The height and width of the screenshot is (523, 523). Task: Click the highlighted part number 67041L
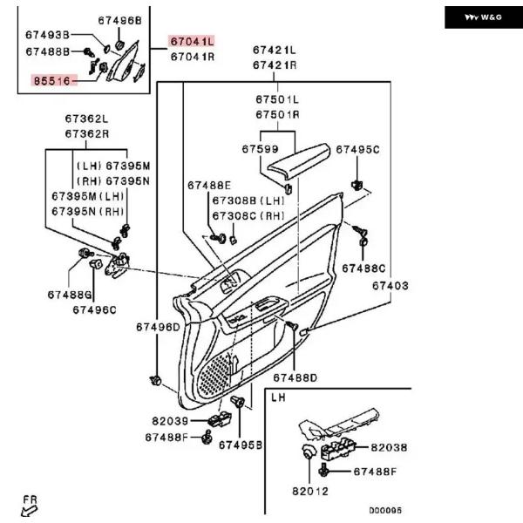point(192,42)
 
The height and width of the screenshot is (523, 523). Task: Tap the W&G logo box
point(484,17)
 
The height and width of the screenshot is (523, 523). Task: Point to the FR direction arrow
point(29,510)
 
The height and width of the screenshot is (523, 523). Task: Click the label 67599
point(260,149)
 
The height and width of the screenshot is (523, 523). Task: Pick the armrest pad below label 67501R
point(298,161)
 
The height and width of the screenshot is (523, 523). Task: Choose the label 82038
point(389,447)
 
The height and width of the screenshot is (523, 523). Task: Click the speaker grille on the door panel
point(214,375)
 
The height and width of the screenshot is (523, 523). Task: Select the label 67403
point(390,286)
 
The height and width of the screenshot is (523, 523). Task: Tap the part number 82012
point(310,492)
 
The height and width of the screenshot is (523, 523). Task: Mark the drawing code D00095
point(385,510)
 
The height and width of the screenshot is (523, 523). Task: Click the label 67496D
point(158,327)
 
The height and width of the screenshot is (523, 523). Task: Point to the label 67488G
point(70,295)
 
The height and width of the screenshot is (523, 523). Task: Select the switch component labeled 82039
point(220,419)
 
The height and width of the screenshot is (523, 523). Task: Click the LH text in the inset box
point(278,397)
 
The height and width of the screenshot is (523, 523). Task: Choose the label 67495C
point(357,150)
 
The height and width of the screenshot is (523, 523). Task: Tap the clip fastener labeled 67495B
point(237,401)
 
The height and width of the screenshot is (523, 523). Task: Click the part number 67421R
point(275,65)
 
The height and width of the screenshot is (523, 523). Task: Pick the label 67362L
point(86,119)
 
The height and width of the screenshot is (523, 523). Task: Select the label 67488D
point(295,378)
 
